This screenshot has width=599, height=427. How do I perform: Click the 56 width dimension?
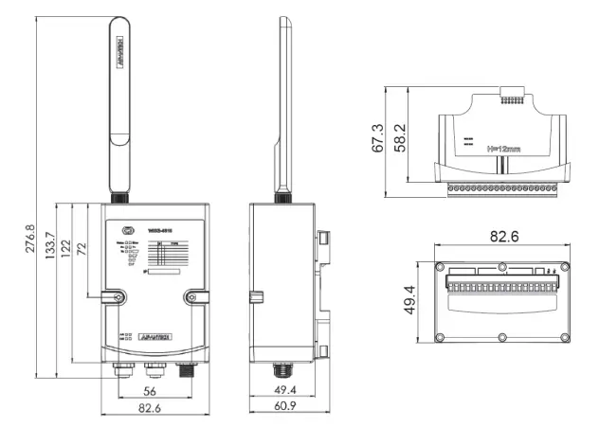click(x=151, y=390)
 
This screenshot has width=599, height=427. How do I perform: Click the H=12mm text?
click(x=503, y=149)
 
